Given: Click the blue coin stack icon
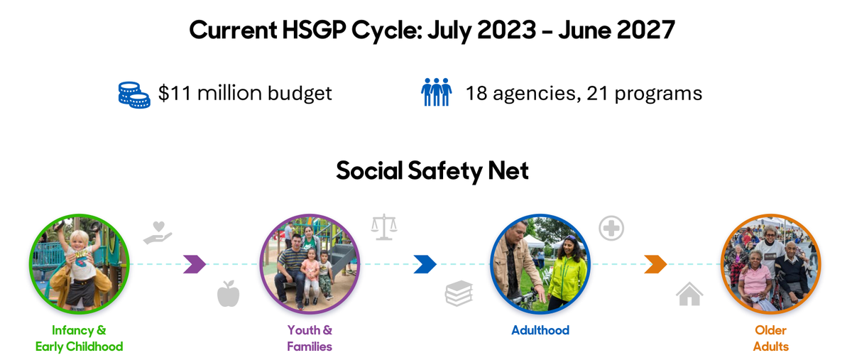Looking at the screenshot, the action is pyautogui.click(x=134, y=94).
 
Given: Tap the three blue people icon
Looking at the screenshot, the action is pyautogui.click(x=436, y=92).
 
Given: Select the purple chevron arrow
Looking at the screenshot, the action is pyautogui.click(x=195, y=264).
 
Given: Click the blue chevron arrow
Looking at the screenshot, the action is pyautogui.click(x=425, y=264).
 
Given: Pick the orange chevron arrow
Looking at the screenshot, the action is pyautogui.click(x=655, y=264).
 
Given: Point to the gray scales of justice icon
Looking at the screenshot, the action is pyautogui.click(x=384, y=227).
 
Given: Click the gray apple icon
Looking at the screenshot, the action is pyautogui.click(x=228, y=293).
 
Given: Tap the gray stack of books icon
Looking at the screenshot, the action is pyautogui.click(x=459, y=293).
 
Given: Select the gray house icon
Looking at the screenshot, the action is pyautogui.click(x=689, y=293).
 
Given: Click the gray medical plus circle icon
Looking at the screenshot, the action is pyautogui.click(x=611, y=229).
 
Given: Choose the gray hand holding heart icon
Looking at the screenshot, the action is pyautogui.click(x=158, y=232).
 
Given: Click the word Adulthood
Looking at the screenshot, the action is pyautogui.click(x=540, y=330).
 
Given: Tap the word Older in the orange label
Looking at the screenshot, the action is pyautogui.click(x=770, y=330).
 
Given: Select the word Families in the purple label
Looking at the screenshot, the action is pyautogui.click(x=310, y=347).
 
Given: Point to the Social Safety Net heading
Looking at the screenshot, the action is pyautogui.click(x=432, y=170).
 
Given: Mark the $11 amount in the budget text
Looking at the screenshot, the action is pyautogui.click(x=175, y=94).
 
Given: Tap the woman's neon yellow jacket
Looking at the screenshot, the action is pyautogui.click(x=567, y=277).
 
